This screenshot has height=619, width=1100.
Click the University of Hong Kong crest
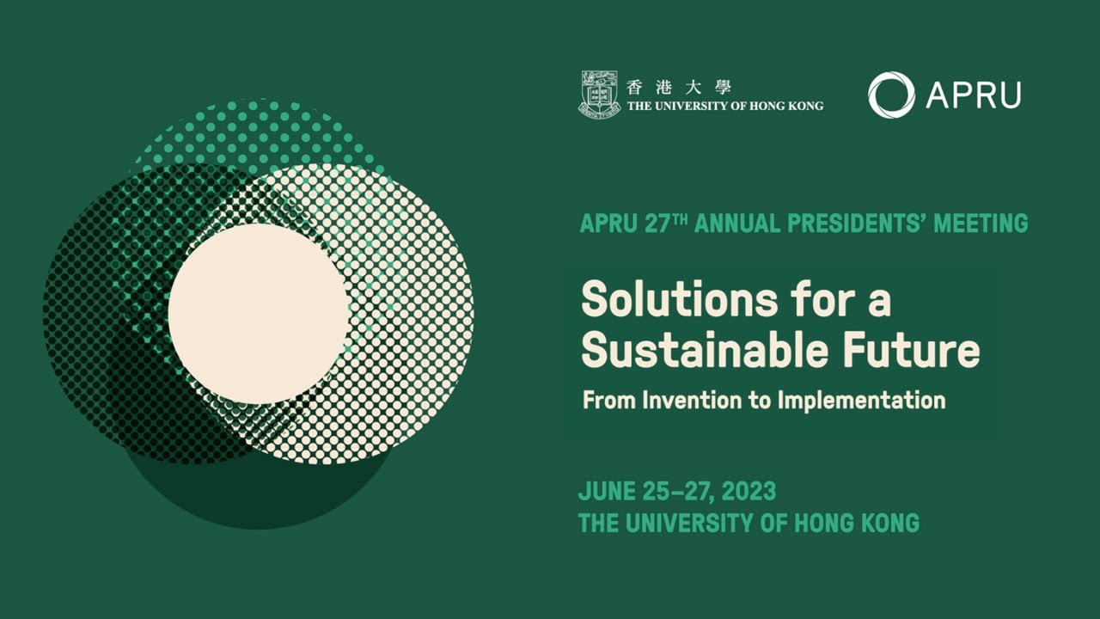(x=599, y=93)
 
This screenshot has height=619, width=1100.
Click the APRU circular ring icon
(x=891, y=95)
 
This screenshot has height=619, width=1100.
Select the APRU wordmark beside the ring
(x=974, y=95)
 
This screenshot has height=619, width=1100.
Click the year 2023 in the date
(x=749, y=492)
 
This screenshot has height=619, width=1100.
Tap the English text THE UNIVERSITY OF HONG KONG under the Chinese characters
(x=725, y=106)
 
